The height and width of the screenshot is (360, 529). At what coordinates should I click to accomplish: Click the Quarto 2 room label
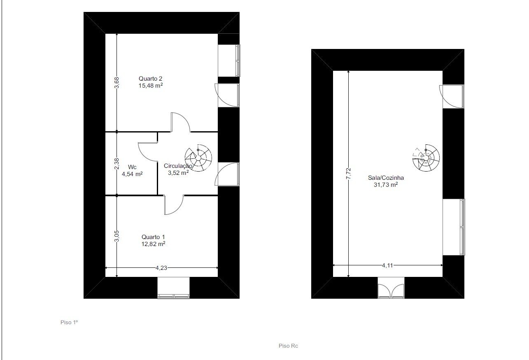(150, 78)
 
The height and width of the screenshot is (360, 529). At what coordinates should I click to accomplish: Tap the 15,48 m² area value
(151, 86)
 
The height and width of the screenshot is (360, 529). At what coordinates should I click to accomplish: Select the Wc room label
(132, 167)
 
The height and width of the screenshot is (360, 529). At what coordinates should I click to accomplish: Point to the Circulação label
(178, 166)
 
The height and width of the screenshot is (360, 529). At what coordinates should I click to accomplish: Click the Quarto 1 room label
(153, 237)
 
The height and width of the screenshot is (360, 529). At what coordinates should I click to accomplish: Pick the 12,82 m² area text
(153, 244)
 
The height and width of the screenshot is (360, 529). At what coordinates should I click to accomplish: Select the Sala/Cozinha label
(386, 178)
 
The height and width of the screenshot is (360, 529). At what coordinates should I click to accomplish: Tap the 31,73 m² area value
(386, 185)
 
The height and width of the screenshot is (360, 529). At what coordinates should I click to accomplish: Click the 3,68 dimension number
(117, 83)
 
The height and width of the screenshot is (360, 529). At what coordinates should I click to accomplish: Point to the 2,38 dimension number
(117, 164)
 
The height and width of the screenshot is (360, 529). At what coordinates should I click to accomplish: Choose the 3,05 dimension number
(117, 236)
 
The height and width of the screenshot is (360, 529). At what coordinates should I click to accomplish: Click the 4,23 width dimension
(161, 268)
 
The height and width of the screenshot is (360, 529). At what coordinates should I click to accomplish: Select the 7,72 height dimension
(349, 174)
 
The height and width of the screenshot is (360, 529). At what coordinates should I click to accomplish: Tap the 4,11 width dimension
(387, 265)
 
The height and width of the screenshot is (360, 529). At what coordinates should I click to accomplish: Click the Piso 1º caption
(69, 322)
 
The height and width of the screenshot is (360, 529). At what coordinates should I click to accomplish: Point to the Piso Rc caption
(288, 346)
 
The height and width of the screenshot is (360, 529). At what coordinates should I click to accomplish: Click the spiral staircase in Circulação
(198, 158)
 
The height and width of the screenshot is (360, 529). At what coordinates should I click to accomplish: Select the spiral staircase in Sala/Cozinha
(426, 158)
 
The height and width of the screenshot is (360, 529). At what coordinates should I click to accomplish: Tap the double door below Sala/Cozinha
(391, 290)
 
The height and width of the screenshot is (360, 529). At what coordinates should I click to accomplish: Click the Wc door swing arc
(144, 156)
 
